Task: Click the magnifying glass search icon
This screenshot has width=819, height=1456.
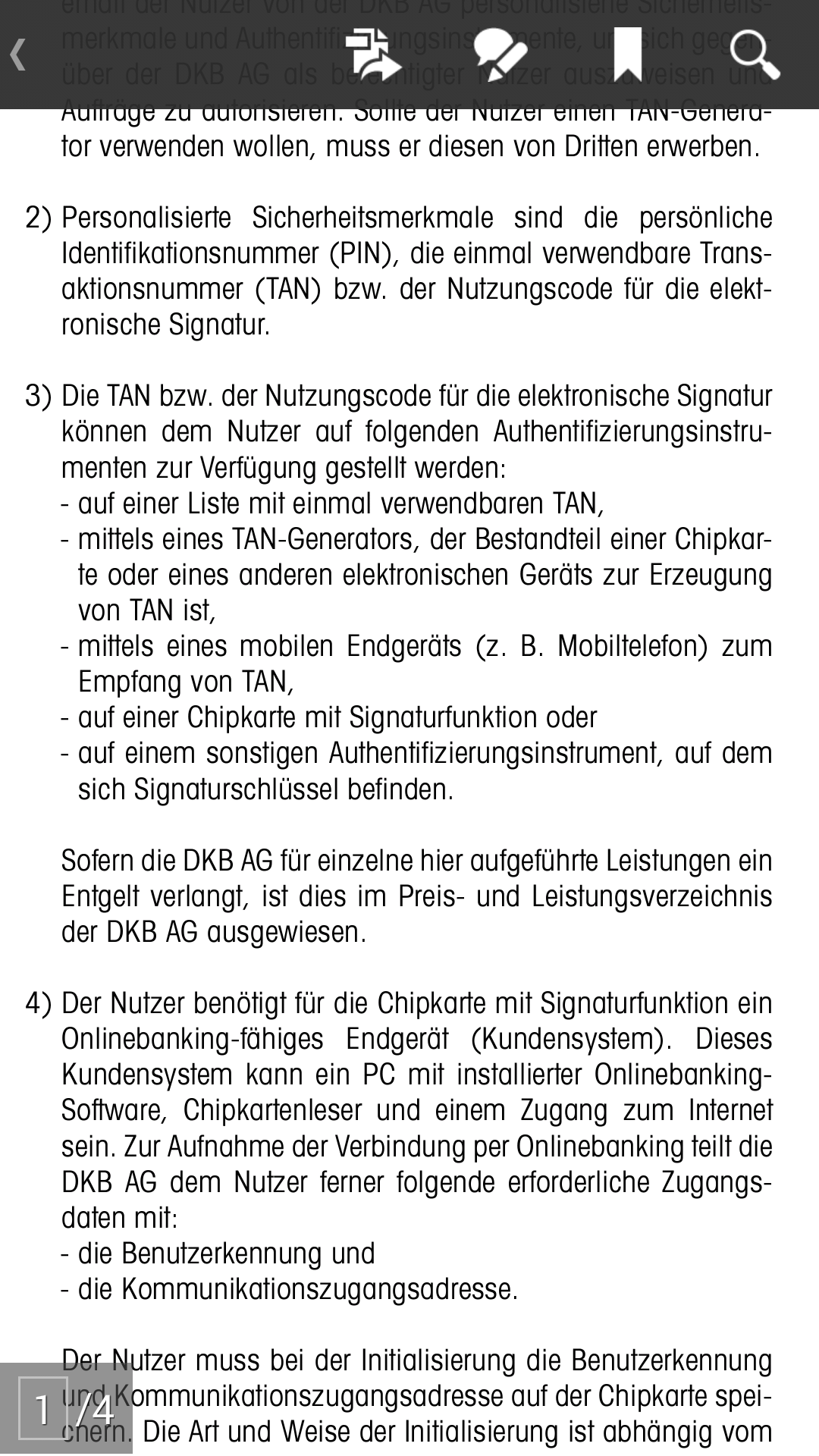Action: pos(754,55)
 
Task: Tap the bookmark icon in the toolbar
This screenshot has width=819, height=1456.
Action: pos(628,55)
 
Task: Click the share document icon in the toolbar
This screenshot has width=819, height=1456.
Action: pos(372,55)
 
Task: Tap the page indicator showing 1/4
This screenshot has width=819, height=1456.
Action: pos(66,1410)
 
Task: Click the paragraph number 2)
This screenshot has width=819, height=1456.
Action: pos(38,218)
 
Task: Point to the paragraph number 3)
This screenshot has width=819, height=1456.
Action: pos(38,397)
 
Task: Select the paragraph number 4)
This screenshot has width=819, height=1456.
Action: pos(38,1004)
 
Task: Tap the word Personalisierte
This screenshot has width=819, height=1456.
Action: pos(146,218)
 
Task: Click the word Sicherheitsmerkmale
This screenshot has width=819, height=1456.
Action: pos(372,218)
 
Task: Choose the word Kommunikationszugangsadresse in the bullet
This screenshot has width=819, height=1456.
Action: pos(318,1289)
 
